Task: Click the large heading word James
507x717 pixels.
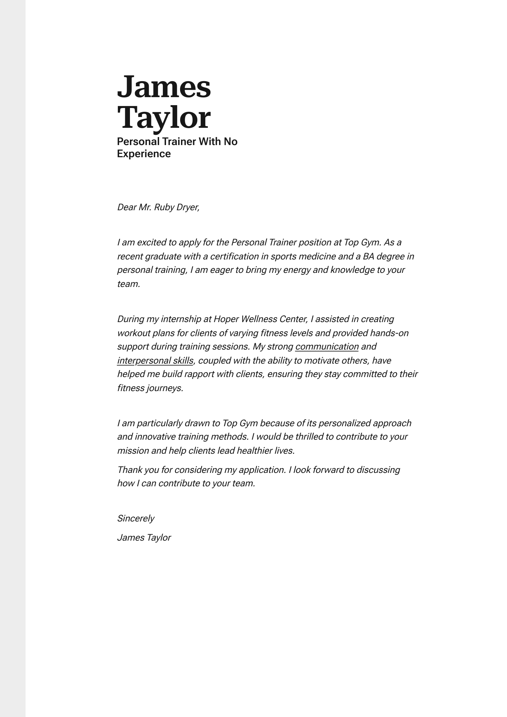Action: point(164,87)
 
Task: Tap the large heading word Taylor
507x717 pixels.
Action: point(164,118)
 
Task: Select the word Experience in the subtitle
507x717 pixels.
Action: point(144,154)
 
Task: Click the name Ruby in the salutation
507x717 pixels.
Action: point(164,207)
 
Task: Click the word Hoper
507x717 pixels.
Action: point(226,319)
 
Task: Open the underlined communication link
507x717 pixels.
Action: point(327,347)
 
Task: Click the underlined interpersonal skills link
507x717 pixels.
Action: point(155,361)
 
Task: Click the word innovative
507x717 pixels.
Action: point(155,437)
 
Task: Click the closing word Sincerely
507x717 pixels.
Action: point(136,519)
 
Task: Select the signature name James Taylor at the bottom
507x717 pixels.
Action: point(144,538)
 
